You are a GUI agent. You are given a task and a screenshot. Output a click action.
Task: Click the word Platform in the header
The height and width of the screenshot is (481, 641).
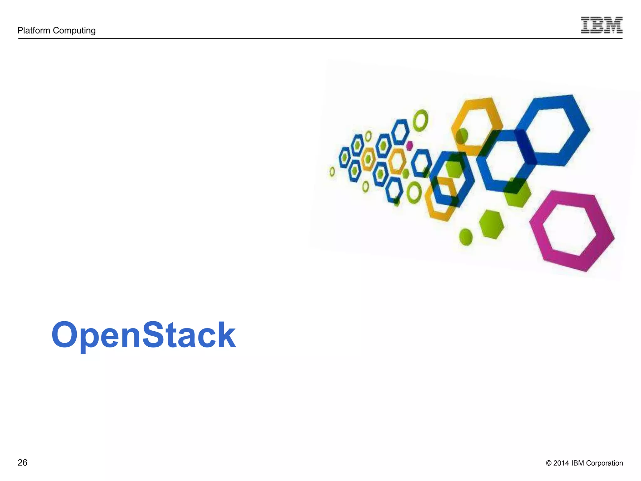click(34, 30)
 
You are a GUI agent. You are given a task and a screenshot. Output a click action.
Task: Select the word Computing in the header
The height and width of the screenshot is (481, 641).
click(74, 31)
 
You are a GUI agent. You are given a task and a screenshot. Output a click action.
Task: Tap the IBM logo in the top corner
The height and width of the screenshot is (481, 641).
click(602, 25)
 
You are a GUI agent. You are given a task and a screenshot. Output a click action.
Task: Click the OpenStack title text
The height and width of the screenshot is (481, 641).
click(143, 335)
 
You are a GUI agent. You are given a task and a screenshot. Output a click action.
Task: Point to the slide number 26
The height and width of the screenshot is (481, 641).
click(23, 463)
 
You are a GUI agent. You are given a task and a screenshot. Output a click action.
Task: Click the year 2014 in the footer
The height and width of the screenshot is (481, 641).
click(561, 463)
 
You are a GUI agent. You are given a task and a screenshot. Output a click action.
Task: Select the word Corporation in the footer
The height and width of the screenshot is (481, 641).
click(604, 463)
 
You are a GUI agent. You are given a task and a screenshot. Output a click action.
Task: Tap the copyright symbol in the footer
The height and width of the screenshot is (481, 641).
click(549, 463)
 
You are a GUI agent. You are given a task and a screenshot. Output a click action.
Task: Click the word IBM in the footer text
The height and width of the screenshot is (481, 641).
click(577, 463)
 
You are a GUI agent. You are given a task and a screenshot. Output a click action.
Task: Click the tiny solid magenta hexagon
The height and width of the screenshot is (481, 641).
click(409, 146)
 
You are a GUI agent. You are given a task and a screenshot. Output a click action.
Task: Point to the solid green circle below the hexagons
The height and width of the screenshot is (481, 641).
click(466, 237)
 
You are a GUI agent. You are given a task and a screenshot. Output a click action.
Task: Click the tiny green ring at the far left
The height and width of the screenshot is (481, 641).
click(332, 171)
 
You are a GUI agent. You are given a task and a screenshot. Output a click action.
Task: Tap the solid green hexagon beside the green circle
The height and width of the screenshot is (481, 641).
click(491, 225)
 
